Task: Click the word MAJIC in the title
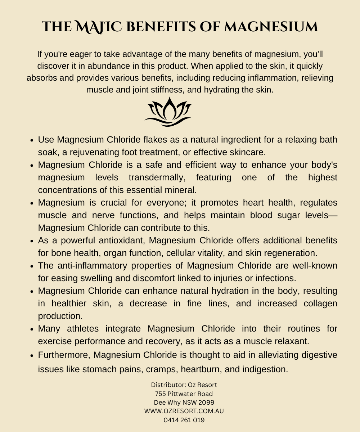96,27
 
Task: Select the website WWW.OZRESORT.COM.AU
184,411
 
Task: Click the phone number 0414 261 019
184,419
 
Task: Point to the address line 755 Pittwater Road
184,393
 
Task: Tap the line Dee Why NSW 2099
184,402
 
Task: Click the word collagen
318,303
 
